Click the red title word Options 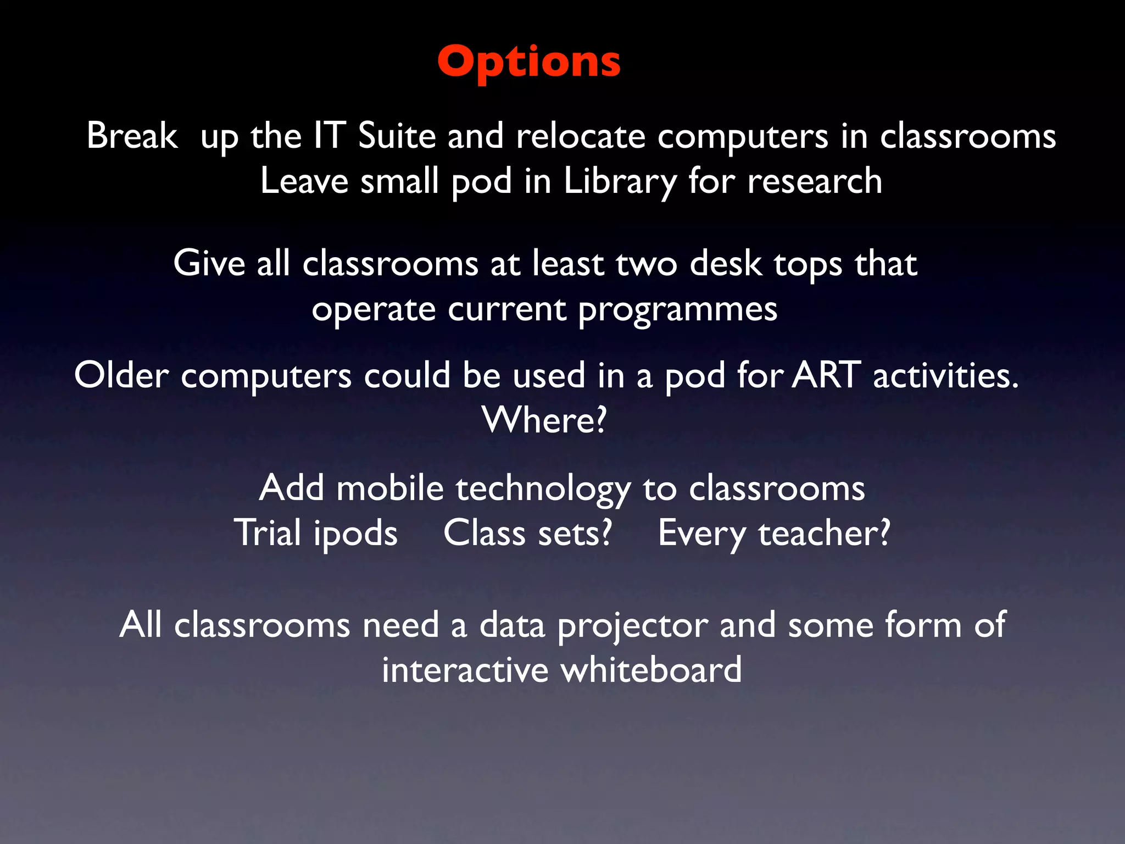coord(529,62)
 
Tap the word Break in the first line coord(132,136)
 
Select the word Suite coord(397,136)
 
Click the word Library coord(620,182)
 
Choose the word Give coord(209,263)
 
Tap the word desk coord(725,263)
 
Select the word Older coord(121,376)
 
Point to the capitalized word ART coord(826,376)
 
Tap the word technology coord(543,489)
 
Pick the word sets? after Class coord(575,533)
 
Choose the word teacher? coord(824,533)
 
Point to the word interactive coord(465,670)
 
